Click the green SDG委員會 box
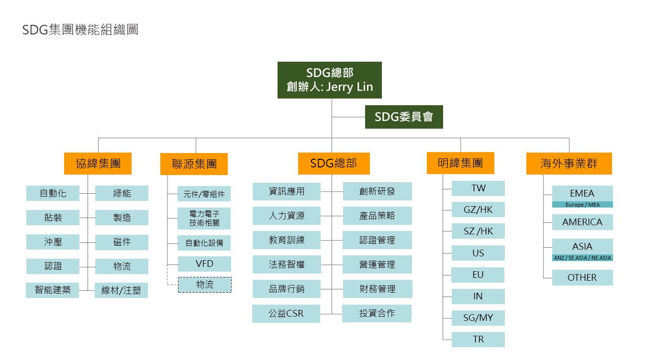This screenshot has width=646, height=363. pyautogui.click(x=404, y=117)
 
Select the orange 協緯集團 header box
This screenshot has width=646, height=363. pyautogui.click(x=98, y=164)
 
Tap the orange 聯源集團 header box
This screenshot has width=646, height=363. pyautogui.click(x=194, y=164)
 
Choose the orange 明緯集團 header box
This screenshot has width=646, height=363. pyautogui.click(x=460, y=163)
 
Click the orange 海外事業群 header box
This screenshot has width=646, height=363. pyautogui.click(x=569, y=164)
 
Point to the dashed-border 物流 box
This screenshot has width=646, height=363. pyautogui.click(x=205, y=285)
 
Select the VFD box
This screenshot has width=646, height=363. pyautogui.click(x=204, y=264)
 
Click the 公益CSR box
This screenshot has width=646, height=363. pyautogui.click(x=286, y=314)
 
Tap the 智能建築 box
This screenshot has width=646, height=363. pyautogui.click(x=53, y=290)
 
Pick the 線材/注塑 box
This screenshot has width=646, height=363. pyautogui.click(x=121, y=290)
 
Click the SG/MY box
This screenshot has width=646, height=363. pyautogui.click(x=478, y=318)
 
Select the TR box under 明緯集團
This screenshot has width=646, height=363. pyautogui.click(x=478, y=339)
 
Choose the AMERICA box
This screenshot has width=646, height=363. pyautogui.click(x=582, y=222)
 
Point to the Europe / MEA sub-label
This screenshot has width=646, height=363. pyautogui.click(x=582, y=205)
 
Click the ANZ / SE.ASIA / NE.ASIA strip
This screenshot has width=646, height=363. pyautogui.click(x=582, y=258)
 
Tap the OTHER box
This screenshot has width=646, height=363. pyautogui.click(x=582, y=277)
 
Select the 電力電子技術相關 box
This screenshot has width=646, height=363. pyautogui.click(x=204, y=218)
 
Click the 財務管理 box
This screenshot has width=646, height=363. pyautogui.click(x=377, y=289)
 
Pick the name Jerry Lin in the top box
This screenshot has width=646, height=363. pyautogui.click(x=349, y=88)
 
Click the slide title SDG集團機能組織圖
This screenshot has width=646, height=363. pyautogui.click(x=80, y=30)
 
